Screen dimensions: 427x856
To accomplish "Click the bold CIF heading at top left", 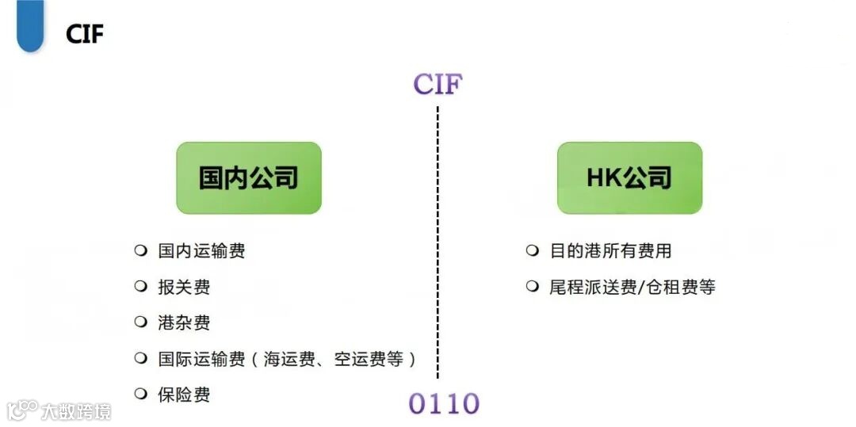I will point(85,33).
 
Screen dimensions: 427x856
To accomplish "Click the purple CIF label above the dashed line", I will point(438,84).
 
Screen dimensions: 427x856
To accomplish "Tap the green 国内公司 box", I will point(249,177).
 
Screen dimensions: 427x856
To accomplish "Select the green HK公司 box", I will point(629,177).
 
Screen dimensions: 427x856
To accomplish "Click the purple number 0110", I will point(444,403).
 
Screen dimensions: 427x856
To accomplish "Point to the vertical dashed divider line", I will point(438,238).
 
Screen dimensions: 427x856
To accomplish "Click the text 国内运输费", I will point(201,251).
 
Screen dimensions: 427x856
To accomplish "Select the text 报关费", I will point(184,287).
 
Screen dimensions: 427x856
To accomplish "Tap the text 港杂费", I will point(184,322).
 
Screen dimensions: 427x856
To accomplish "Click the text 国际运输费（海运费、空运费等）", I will point(287,359).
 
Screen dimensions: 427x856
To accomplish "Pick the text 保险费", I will point(184,395).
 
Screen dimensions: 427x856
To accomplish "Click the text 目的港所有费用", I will point(610,251).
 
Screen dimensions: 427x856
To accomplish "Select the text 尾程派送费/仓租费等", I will point(632,287).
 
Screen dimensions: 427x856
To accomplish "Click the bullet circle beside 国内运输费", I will point(141,250).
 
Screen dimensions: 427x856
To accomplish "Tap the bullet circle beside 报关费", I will point(141,286).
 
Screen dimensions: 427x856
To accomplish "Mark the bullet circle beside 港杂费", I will point(141,322).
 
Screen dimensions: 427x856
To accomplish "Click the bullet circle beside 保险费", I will point(141,394).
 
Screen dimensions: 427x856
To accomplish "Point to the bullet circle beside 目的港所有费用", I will point(533,250).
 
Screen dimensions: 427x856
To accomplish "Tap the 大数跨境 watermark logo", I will point(59,410).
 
